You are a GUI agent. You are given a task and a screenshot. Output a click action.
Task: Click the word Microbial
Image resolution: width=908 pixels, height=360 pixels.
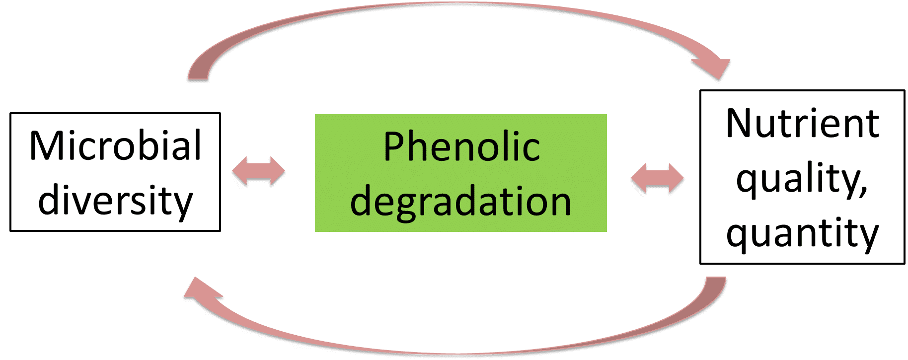(x=115, y=145)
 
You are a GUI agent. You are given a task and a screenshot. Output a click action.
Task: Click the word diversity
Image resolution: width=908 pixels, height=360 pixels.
(x=115, y=201)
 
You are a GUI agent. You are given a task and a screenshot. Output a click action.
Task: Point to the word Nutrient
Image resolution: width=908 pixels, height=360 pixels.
(x=802, y=124)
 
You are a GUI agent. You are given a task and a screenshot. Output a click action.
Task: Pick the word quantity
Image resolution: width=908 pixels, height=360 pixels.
(x=802, y=234)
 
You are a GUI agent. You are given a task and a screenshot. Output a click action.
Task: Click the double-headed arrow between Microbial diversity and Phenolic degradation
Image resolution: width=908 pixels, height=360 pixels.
(x=258, y=171)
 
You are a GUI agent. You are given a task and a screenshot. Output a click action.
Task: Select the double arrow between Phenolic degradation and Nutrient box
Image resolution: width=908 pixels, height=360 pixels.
(x=657, y=178)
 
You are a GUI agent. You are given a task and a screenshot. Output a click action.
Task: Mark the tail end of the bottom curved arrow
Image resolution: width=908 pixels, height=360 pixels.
(x=716, y=279)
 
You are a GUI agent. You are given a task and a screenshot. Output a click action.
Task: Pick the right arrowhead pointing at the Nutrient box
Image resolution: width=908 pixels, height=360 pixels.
(x=675, y=178)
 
